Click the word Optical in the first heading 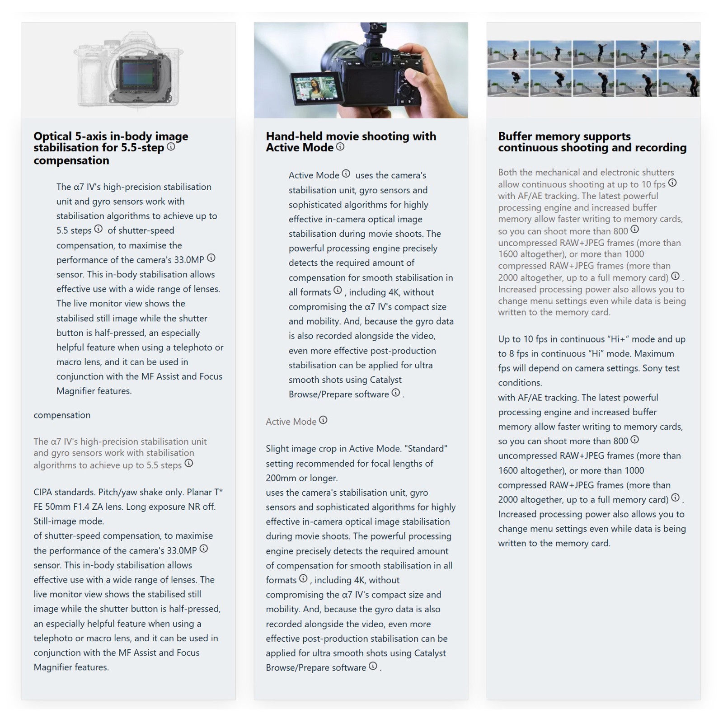click(x=52, y=136)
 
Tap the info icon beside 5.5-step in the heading click(x=171, y=146)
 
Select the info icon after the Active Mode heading click(x=340, y=146)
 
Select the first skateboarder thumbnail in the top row click(x=508, y=54)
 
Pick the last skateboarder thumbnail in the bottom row click(x=679, y=83)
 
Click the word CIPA click(x=43, y=492)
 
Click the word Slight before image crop click(x=277, y=448)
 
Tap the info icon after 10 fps click(x=672, y=183)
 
